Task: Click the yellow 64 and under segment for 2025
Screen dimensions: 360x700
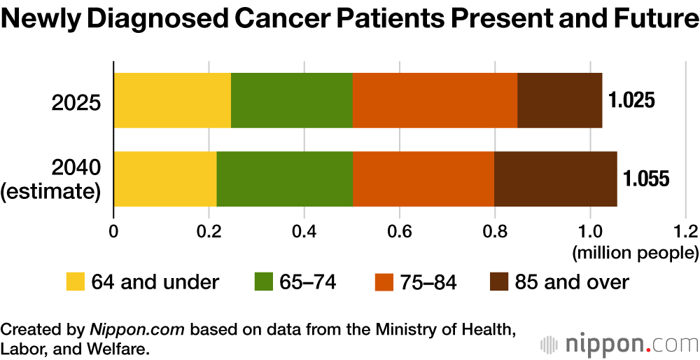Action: coord(171,100)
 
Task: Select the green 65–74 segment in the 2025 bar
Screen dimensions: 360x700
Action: coord(291,100)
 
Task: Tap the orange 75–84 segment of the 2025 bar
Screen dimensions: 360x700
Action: coord(435,100)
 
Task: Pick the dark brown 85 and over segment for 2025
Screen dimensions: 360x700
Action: coord(559,100)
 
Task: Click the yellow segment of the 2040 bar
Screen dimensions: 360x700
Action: coord(164,179)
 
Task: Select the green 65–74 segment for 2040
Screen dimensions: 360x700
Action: coord(284,179)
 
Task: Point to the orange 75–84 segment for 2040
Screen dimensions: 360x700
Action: coord(423,179)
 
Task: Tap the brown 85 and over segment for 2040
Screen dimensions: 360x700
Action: coord(555,179)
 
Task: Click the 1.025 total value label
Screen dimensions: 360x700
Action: coord(631,100)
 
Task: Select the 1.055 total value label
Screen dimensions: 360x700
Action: coord(646,179)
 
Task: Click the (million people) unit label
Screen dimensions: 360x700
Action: coord(635,251)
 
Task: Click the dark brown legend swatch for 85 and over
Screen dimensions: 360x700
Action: coord(498,282)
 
